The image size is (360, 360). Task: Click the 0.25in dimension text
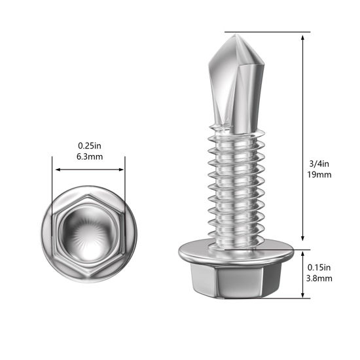[x=90, y=145]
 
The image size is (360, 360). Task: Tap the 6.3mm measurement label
[x=90, y=156]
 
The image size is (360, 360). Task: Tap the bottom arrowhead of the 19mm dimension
[x=304, y=240]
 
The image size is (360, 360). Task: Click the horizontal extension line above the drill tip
[x=268, y=32]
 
